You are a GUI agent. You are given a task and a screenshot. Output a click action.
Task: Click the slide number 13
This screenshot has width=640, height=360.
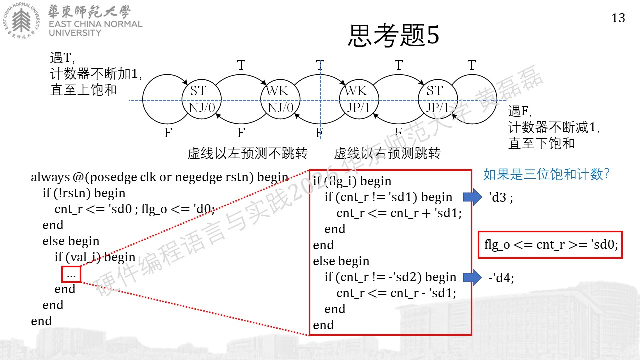coord(618,18)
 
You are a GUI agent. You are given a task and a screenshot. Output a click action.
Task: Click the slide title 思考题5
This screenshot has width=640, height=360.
coord(393,35)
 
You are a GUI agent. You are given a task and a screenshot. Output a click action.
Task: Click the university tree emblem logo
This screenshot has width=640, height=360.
coord(21,20)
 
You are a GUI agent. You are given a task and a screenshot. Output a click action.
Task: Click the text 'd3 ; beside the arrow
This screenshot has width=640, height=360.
coord(501,197)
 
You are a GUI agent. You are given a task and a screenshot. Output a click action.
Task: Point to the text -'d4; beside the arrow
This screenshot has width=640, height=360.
coord(501,278)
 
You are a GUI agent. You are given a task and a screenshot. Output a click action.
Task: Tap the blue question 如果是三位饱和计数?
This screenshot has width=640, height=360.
coord(546,174)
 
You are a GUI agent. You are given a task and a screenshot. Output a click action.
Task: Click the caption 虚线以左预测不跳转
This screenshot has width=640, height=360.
coord(247,153)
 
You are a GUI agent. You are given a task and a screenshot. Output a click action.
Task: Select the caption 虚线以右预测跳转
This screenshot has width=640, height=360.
coord(387,153)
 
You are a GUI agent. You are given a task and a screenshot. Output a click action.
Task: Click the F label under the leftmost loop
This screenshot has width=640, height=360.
coord(168,133)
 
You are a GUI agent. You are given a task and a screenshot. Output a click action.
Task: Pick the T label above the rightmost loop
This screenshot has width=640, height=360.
coord(472,65)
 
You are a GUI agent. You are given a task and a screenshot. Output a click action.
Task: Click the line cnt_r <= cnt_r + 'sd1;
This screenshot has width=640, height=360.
coord(399,213)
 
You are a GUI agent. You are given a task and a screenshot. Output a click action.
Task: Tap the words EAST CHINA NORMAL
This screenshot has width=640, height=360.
coord(96,24)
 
